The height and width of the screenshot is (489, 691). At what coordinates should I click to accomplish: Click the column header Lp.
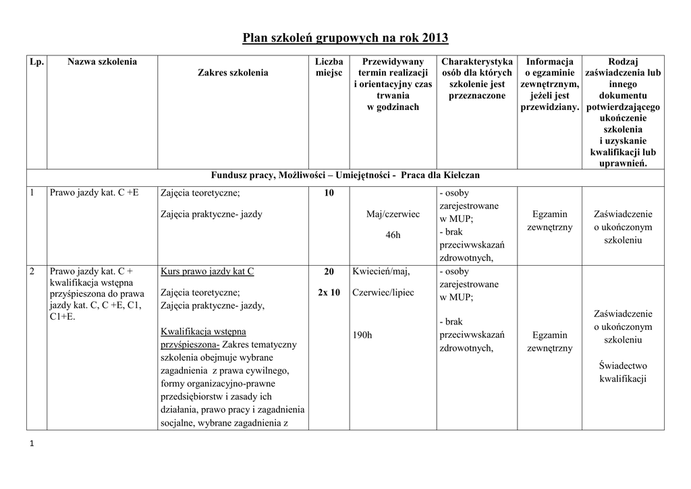pos(36,62)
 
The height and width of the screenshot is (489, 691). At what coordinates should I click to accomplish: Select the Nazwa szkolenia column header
pos(102,62)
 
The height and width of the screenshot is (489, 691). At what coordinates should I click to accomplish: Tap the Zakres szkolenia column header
pos(233,73)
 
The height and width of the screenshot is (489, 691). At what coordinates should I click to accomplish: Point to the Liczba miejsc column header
pos(329,67)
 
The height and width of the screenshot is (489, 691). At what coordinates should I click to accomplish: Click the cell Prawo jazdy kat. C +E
pos(94,193)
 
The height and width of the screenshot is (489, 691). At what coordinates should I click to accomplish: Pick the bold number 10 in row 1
pos(329,194)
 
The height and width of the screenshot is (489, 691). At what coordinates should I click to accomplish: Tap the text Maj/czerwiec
pos(393,214)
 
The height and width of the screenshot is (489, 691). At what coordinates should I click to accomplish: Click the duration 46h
pos(393,235)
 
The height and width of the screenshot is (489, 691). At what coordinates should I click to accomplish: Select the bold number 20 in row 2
pos(329,272)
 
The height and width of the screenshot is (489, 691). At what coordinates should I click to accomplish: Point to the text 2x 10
pos(329,293)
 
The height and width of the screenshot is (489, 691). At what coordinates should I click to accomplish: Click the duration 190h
pos(362,335)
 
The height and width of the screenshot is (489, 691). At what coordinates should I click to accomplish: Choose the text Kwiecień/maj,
pos(381,272)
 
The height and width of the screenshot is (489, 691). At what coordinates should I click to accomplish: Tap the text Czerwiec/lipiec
pos(385,293)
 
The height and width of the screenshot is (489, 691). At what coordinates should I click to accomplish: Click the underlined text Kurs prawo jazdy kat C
pos(207,272)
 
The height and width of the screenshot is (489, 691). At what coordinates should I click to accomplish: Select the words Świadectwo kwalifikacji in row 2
pos(623,372)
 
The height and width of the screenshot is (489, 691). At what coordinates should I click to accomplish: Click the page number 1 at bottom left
pos(31,443)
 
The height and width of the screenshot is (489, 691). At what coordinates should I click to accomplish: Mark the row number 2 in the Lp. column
pos(32,272)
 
